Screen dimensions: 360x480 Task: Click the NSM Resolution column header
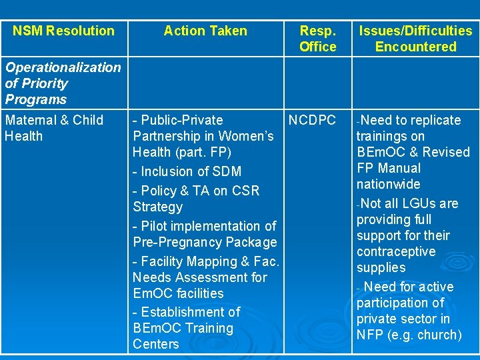point(63,31)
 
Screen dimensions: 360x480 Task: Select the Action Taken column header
point(205,31)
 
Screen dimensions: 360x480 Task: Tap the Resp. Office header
point(317,39)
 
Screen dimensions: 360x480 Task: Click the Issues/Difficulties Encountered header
point(415,39)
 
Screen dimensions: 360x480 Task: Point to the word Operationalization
point(63,67)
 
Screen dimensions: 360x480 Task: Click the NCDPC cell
point(312,121)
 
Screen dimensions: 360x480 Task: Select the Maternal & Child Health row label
point(53,128)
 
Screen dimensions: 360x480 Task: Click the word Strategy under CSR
point(157,207)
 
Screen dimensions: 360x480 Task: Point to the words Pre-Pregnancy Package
point(205,242)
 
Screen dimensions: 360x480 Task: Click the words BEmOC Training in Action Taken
point(183,328)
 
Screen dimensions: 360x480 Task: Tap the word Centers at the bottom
point(156,344)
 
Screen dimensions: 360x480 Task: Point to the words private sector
point(403,319)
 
